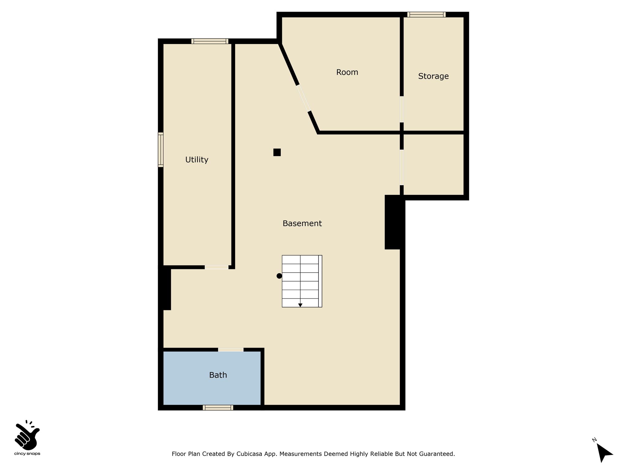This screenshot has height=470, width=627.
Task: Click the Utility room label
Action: coord(197,160)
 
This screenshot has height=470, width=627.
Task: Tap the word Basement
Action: coord(302,224)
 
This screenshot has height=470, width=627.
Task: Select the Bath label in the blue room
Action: coord(218,375)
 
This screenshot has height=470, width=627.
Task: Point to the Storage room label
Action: coord(434,76)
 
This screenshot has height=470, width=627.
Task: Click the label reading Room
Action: coord(347,72)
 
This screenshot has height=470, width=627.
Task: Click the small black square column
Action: coord(277,152)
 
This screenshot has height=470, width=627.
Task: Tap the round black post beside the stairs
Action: coord(279,276)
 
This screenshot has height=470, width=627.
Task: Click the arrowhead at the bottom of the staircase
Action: coord(300,305)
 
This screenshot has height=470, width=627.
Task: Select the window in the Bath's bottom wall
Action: coord(218,408)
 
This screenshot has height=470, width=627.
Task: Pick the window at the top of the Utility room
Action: coord(210,41)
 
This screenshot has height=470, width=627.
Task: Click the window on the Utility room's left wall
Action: coord(161,150)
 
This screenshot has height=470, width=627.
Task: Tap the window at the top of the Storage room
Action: coord(426,14)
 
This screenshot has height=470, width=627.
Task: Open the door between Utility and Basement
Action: coord(216,267)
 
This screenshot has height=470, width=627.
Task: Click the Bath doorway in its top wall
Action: coord(231,350)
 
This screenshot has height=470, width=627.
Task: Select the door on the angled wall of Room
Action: coord(304,98)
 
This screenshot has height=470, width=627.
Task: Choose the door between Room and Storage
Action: coord(402,110)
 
